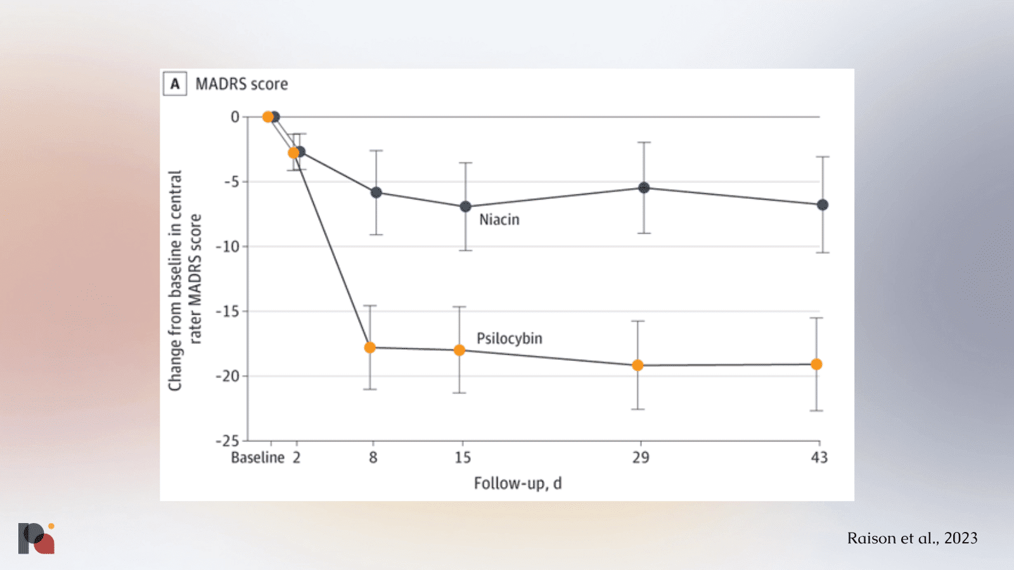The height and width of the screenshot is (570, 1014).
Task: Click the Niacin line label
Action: (499, 220)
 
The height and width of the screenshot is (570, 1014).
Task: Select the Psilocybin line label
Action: (510, 338)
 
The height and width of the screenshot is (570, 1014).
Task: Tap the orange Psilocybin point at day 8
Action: (370, 348)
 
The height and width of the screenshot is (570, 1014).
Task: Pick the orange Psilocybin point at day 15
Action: (459, 350)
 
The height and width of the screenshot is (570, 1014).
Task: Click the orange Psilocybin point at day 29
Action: (638, 365)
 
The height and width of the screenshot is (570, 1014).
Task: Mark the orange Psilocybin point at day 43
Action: (816, 364)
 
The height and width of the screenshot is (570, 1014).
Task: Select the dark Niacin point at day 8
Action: (376, 193)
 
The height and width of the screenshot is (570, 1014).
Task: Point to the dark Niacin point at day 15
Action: (466, 206)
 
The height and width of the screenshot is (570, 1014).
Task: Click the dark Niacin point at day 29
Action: (644, 187)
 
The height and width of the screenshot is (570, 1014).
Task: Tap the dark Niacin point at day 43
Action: (823, 205)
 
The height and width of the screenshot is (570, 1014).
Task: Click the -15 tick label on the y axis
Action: (228, 312)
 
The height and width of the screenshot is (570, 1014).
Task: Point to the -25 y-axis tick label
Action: (228, 441)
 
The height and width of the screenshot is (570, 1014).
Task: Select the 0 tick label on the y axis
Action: (235, 117)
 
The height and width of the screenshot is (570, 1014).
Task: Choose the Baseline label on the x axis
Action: (257, 458)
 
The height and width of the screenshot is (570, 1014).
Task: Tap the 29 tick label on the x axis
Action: (641, 458)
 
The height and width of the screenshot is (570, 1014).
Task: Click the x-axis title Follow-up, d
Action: (518, 484)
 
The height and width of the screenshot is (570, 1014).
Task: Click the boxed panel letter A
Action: (175, 84)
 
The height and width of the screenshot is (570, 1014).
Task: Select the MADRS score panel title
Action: (241, 84)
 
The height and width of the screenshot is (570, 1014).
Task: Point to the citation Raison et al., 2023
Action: (912, 538)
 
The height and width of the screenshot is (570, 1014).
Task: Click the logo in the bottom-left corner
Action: (37, 538)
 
